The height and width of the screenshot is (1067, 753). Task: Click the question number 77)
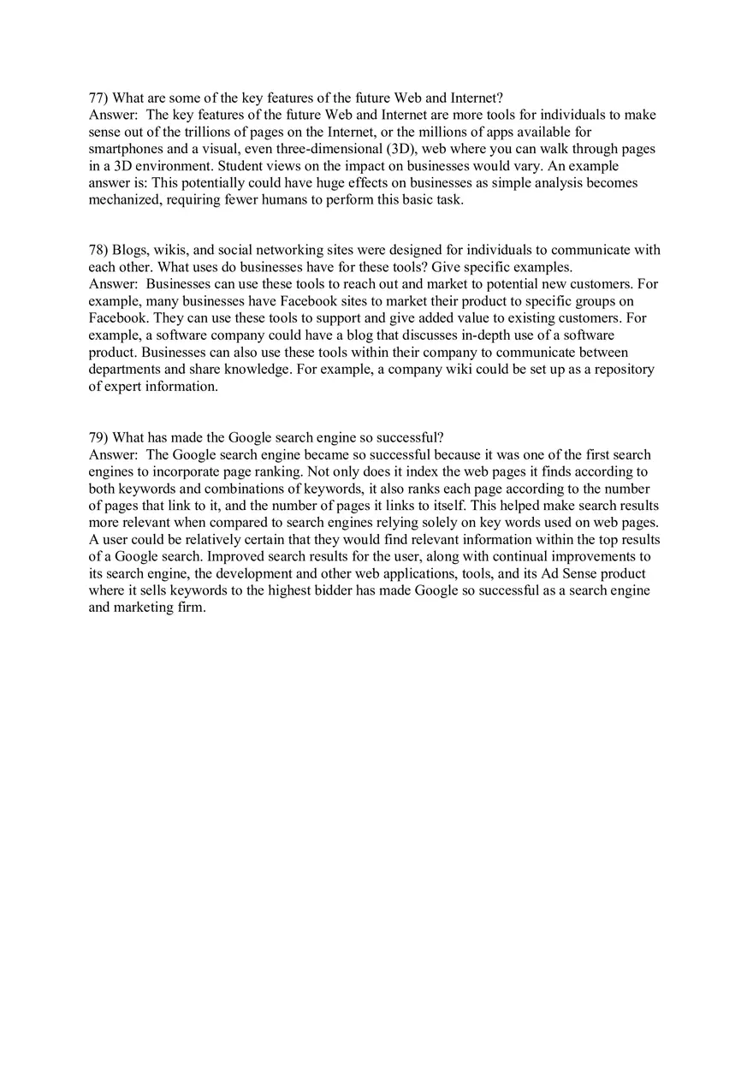tap(98, 98)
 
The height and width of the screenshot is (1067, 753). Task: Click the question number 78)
tap(98, 250)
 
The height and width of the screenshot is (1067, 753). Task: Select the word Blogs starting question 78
tap(130, 250)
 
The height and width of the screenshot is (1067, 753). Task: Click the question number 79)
tap(98, 437)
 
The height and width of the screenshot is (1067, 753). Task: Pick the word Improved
tap(234, 556)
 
